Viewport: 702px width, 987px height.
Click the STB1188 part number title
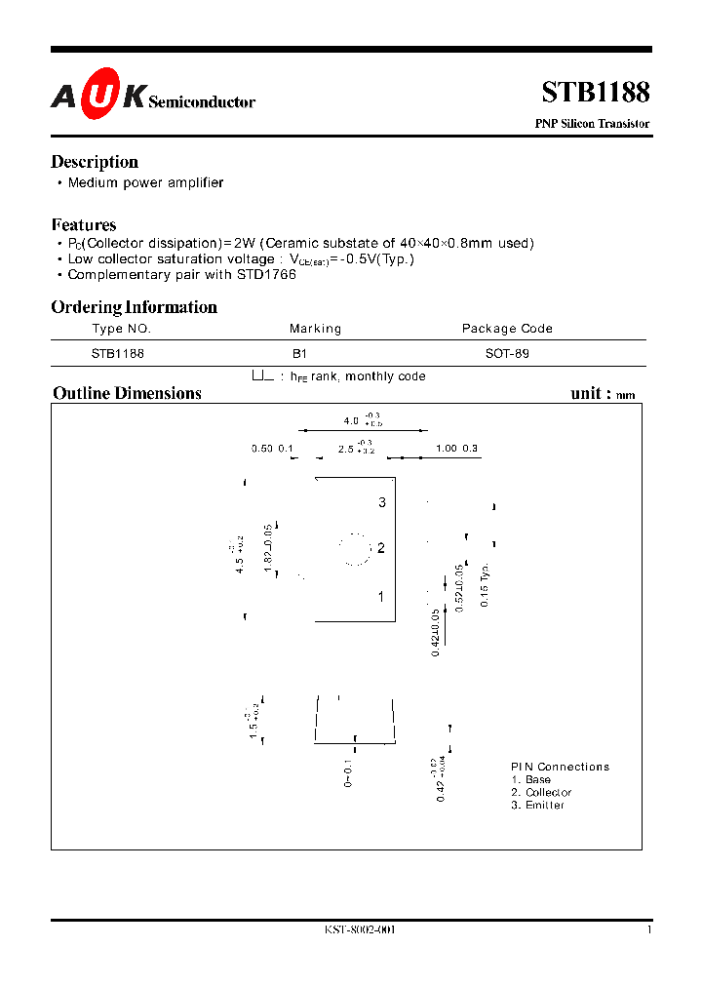point(595,92)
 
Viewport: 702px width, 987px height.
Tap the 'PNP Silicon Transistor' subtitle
point(592,124)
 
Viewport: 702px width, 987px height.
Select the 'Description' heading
point(95,162)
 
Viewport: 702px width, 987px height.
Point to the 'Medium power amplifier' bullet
point(145,182)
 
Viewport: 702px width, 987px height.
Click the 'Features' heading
point(84,224)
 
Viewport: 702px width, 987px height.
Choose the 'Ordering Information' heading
point(134,307)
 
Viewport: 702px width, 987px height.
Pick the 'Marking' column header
point(315,329)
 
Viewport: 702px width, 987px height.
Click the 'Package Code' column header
point(507,329)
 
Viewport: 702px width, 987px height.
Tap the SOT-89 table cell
point(507,354)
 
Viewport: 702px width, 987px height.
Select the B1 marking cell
point(298,354)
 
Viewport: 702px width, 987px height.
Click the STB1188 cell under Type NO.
point(118,354)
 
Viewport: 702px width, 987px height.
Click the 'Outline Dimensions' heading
point(127,393)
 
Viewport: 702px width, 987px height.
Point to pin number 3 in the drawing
point(382,502)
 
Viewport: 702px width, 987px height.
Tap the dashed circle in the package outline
point(356,549)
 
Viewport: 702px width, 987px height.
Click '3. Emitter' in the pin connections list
point(537,805)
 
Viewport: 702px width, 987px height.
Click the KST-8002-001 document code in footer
point(360,930)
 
